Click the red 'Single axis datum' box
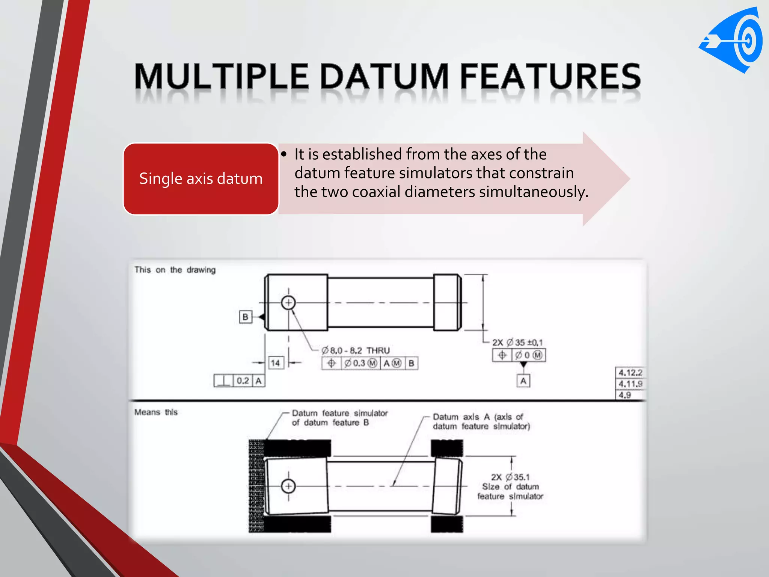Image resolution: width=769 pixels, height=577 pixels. (201, 179)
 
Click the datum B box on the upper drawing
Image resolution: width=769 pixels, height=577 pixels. (245, 317)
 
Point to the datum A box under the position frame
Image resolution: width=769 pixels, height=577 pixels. (523, 381)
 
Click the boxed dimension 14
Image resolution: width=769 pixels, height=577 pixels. (275, 363)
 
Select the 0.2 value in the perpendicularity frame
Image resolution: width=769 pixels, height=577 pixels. (243, 381)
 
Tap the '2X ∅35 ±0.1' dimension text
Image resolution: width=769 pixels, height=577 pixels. (517, 342)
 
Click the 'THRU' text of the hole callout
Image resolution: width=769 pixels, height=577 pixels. (378, 350)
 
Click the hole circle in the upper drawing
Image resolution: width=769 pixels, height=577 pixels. (288, 302)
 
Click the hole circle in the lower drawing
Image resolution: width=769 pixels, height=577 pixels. (288, 486)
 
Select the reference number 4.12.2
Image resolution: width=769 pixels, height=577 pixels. (630, 373)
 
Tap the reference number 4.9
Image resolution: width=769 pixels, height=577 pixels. (625, 395)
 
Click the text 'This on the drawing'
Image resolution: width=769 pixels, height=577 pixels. (175, 270)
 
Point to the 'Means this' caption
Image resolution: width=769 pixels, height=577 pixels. (156, 412)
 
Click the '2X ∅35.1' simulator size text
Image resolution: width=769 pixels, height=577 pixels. (510, 477)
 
